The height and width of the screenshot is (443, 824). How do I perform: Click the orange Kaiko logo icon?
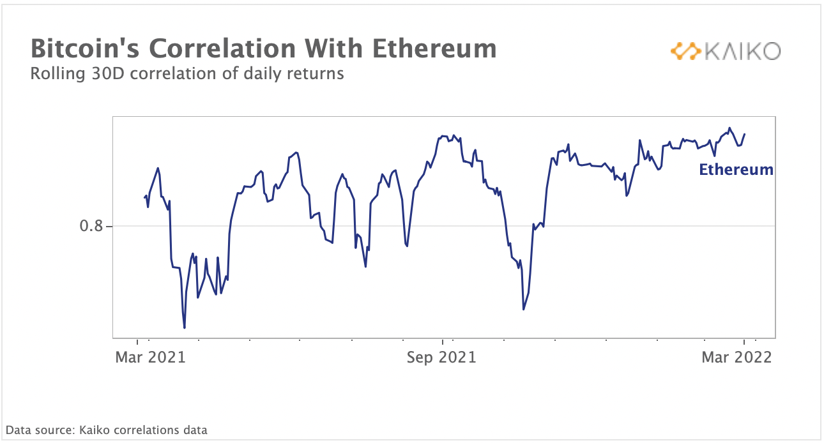pos(685,51)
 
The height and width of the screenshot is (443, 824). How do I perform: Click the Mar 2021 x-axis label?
pos(150,357)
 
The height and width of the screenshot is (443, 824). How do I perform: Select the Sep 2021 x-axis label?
pos(442,357)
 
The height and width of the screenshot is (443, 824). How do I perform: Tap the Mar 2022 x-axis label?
pos(736,357)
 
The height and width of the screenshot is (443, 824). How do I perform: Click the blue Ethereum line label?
pos(736,170)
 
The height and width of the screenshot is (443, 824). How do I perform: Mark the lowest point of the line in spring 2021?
pos(185,328)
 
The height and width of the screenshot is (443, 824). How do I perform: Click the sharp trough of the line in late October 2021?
pos(524,310)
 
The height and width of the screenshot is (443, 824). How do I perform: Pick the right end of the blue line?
pos(745,134)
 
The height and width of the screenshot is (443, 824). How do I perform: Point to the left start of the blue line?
pos(144,197)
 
